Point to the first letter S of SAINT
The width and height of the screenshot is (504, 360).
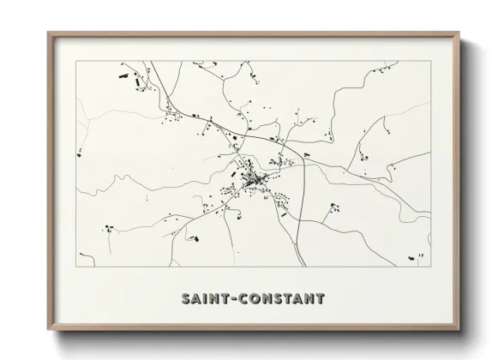(x=186, y=299)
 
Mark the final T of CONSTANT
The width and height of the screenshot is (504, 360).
(x=320, y=299)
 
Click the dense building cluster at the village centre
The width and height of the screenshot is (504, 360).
(x=253, y=180)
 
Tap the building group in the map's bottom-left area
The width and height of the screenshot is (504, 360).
(x=110, y=228)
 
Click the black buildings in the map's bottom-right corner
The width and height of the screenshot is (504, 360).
(x=418, y=255)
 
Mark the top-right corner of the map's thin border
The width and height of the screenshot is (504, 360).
(x=429, y=61)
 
